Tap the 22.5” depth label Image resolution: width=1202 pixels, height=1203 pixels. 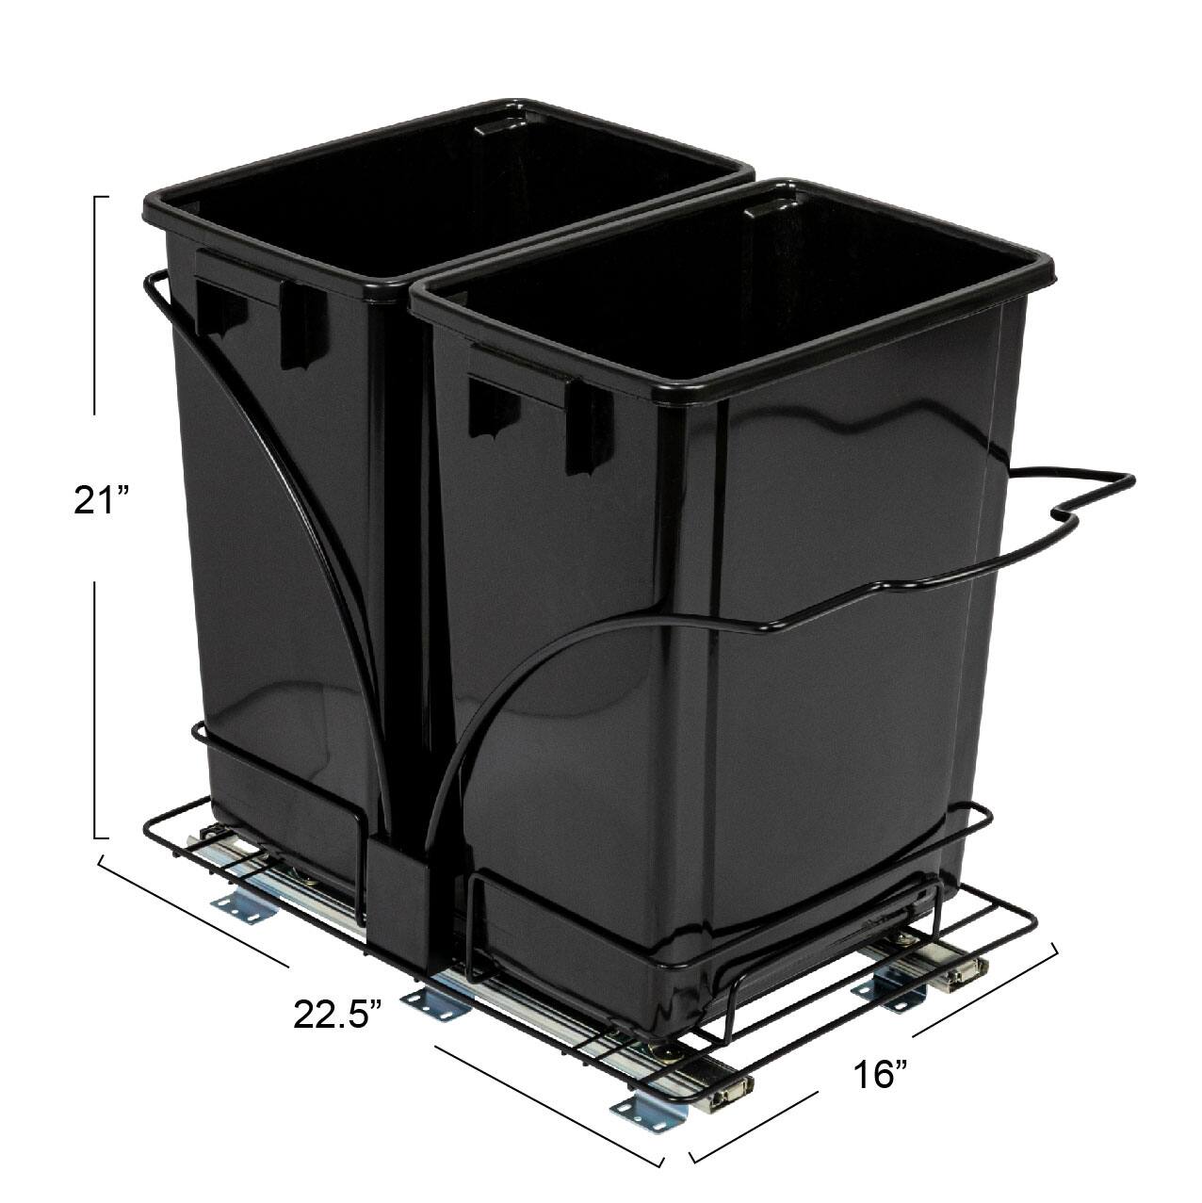pos(338,988)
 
